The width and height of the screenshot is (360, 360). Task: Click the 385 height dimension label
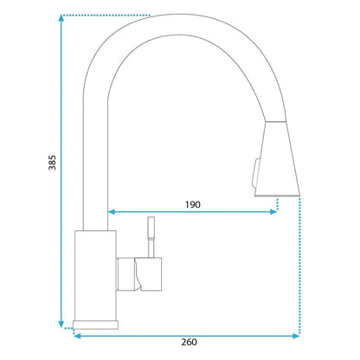(x=52, y=163)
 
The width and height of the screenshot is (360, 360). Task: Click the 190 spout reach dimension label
(x=193, y=204)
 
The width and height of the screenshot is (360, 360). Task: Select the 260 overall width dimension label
(x=189, y=342)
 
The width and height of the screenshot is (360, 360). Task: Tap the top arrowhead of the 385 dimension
(x=61, y=17)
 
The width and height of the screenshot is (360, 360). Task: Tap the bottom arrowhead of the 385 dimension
(x=61, y=325)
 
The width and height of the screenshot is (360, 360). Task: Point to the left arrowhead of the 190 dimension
(x=112, y=212)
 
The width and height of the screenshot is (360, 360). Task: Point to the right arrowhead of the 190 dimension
(x=273, y=212)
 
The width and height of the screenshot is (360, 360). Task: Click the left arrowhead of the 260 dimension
(x=78, y=336)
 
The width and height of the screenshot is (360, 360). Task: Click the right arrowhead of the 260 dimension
(x=296, y=336)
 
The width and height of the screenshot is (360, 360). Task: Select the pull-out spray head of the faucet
(x=278, y=158)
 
